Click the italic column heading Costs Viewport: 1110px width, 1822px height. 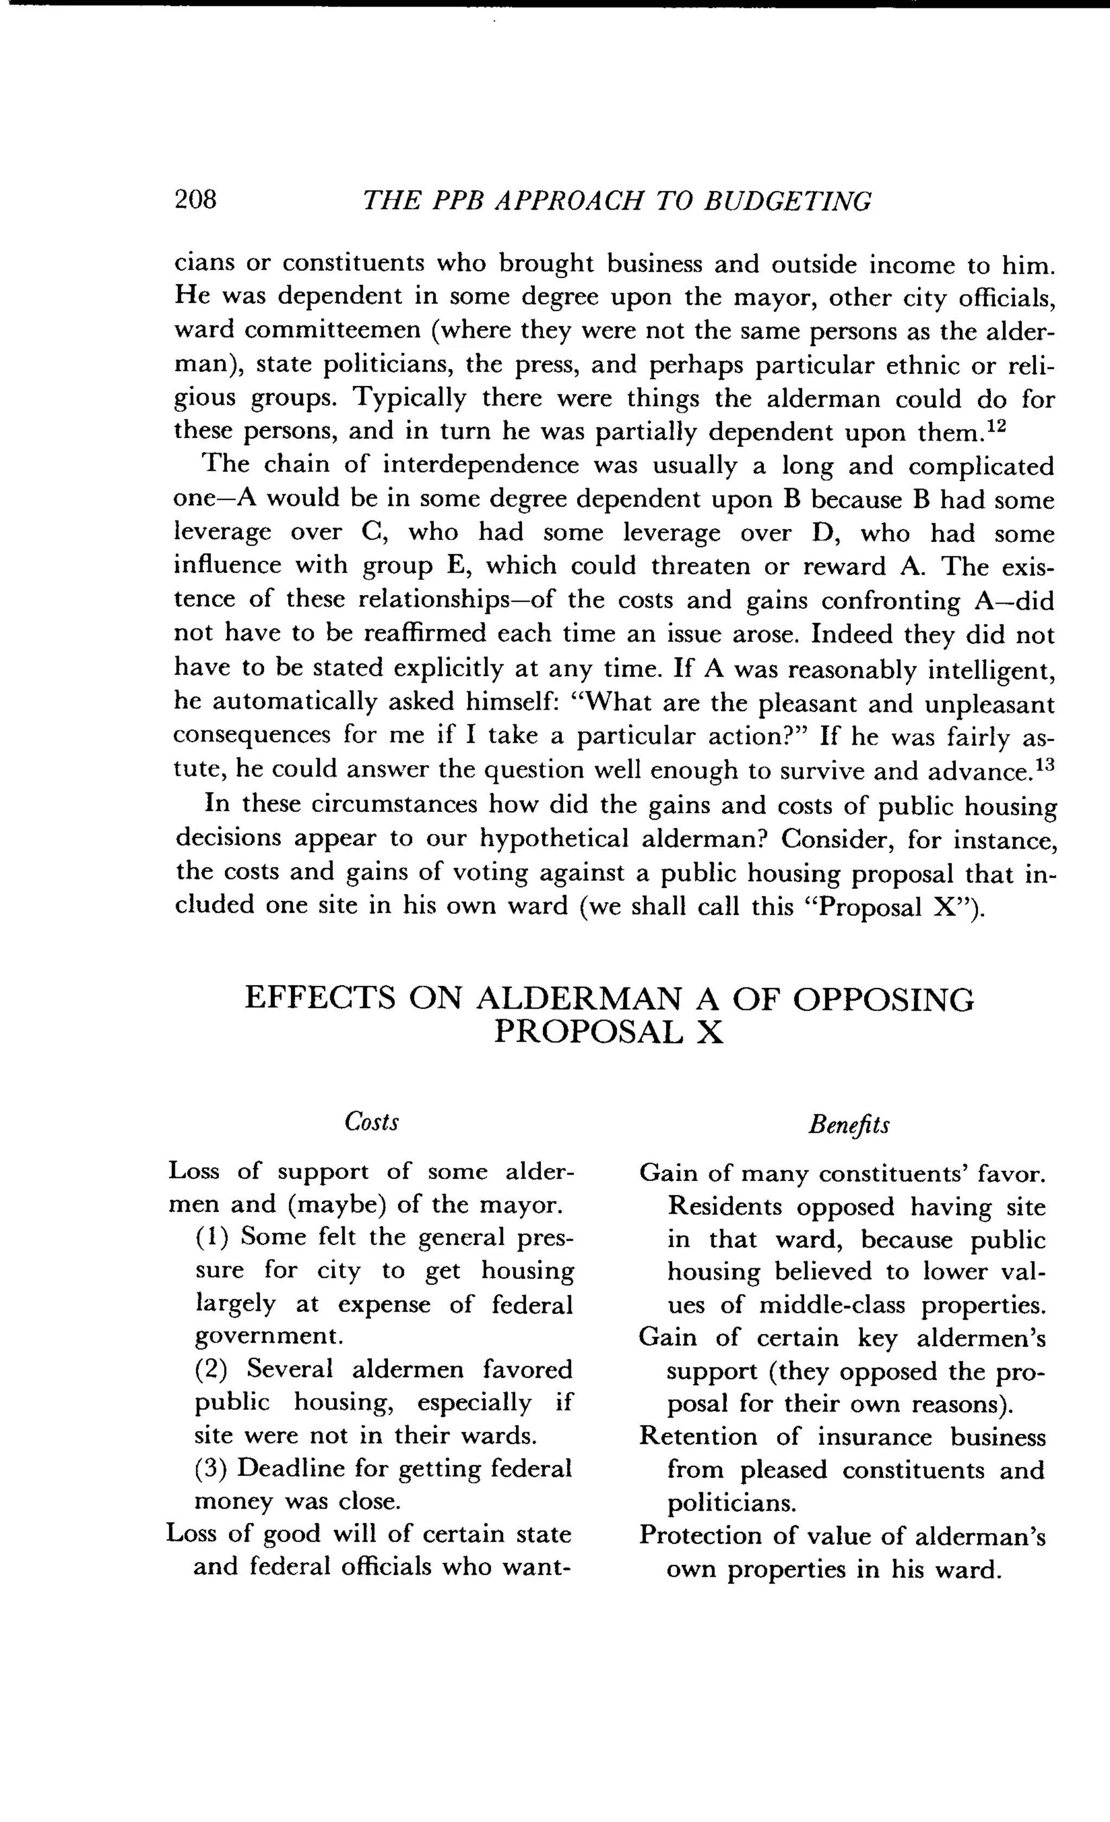point(372,1122)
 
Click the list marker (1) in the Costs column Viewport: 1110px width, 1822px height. point(211,1237)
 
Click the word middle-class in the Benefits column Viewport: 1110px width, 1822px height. point(831,1305)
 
